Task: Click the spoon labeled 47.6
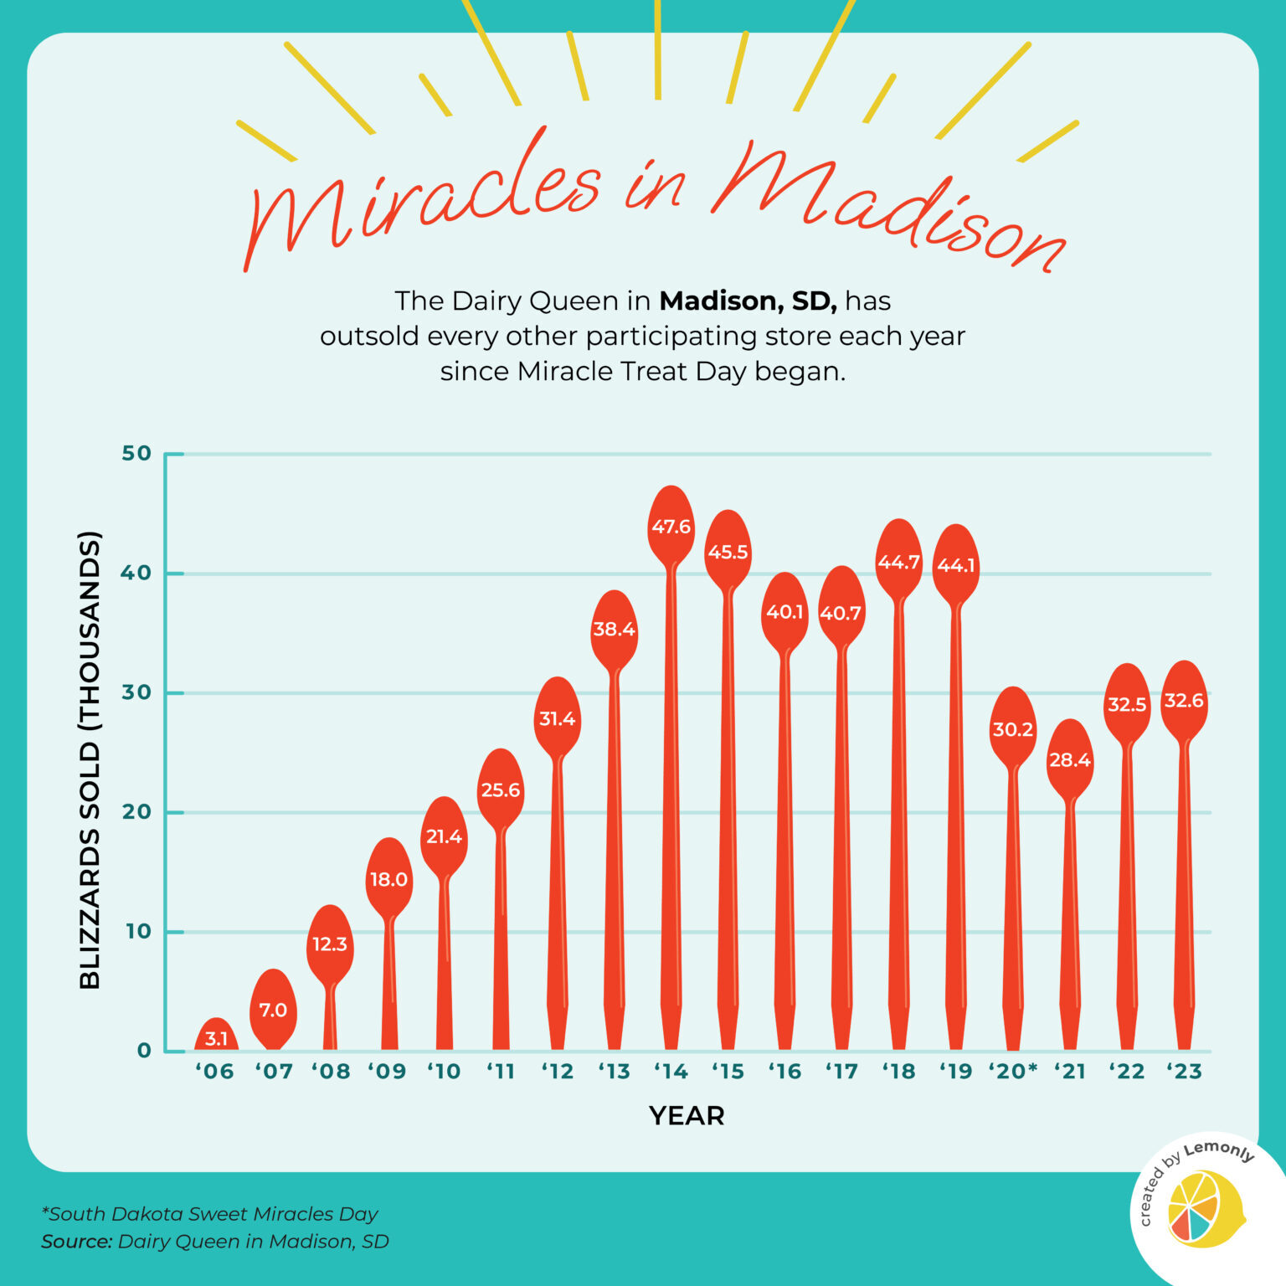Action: point(671,527)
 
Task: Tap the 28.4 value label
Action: point(1070,760)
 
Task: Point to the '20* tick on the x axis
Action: point(1013,1071)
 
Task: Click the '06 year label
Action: point(215,1071)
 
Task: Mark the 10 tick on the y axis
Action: point(137,931)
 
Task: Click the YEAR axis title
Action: point(687,1115)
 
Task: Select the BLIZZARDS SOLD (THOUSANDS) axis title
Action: point(90,759)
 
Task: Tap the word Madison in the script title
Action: point(887,209)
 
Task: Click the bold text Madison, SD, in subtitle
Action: point(748,301)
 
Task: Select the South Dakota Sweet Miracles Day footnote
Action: point(211,1213)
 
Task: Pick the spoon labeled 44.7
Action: point(898,562)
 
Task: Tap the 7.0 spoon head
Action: point(273,1010)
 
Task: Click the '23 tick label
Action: point(1184,1071)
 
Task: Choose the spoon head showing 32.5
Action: point(1127,704)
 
